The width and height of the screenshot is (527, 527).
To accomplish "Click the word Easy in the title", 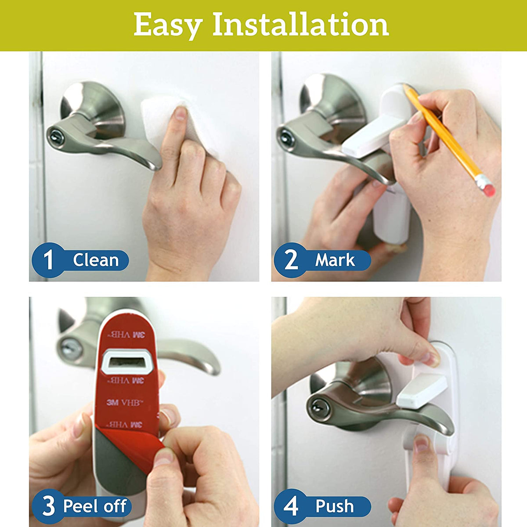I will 167,25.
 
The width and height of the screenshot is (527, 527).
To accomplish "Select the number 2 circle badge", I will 291,260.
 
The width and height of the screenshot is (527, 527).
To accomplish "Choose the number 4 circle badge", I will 291,506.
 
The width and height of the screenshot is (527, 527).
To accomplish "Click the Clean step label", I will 96,260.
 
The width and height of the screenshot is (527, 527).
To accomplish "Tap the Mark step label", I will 335,260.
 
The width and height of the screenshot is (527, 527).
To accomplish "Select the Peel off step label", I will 95,506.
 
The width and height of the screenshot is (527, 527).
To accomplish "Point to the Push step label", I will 335,506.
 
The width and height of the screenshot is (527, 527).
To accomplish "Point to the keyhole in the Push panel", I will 317,408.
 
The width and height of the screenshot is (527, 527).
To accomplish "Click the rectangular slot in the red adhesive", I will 126,362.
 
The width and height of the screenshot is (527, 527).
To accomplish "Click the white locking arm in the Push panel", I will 422,391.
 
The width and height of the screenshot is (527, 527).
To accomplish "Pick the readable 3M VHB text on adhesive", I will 123,401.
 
